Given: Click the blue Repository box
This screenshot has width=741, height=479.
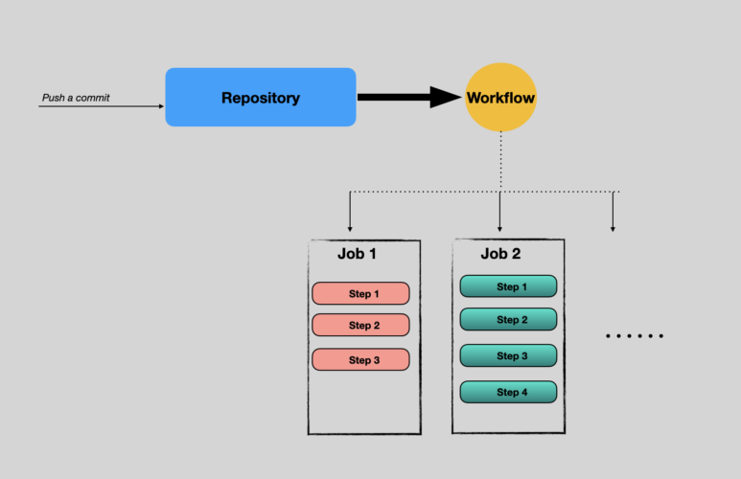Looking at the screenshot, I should (x=260, y=97).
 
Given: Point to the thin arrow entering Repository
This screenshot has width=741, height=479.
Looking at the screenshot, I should (x=105, y=106).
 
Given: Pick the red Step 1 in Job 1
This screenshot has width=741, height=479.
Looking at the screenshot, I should (x=360, y=293).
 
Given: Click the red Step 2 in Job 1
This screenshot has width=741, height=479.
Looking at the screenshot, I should (x=360, y=325).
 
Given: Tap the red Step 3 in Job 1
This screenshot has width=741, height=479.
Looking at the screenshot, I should (x=360, y=359).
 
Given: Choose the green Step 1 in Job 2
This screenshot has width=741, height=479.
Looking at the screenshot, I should (x=508, y=286).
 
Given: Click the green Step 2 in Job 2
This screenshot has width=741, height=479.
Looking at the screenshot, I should (x=508, y=319).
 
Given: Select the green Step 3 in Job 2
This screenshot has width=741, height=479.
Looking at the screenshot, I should (x=508, y=355).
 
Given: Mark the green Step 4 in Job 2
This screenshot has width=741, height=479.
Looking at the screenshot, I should (x=508, y=392).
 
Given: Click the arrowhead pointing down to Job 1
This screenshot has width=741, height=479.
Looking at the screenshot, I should (x=350, y=227).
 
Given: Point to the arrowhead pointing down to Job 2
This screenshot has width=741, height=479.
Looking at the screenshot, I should (x=500, y=227).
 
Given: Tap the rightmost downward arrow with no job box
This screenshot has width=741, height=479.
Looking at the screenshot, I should (x=613, y=216).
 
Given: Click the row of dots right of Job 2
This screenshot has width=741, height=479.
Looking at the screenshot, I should (x=635, y=336).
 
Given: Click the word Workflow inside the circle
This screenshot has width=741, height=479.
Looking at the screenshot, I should (x=500, y=98).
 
